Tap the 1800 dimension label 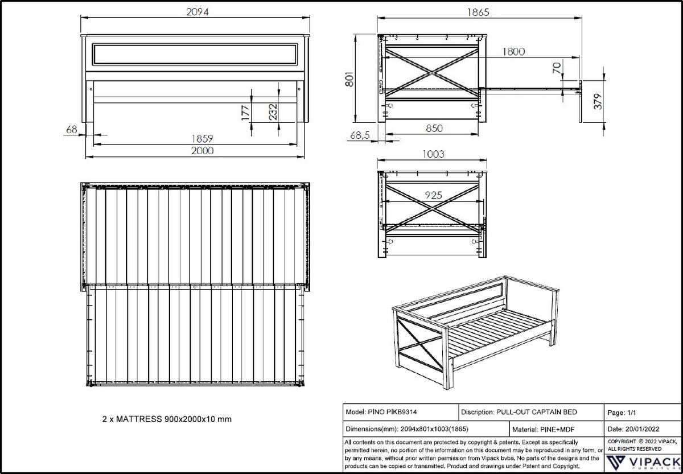[513, 52]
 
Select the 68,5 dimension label [360, 137]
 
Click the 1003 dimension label [434, 154]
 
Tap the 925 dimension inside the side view [434, 195]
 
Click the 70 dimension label [557, 69]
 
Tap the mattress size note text [166, 419]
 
